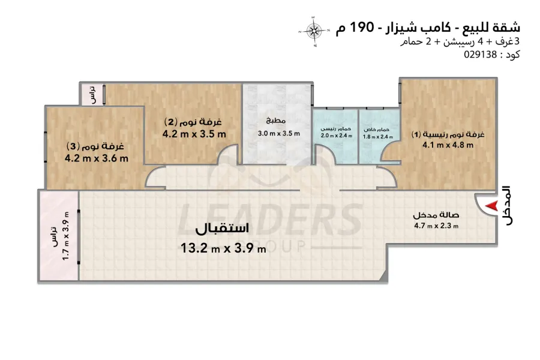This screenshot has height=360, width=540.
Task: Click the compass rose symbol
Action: coord(314,31)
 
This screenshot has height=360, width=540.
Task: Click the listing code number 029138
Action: coord(481,55)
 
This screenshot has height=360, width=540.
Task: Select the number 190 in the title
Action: coord(362,27)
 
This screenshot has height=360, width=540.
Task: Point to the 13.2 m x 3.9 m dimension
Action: coord(224,248)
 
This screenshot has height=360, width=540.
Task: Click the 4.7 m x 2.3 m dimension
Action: coord(436,226)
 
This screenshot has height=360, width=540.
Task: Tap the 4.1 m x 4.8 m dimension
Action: coord(448,145)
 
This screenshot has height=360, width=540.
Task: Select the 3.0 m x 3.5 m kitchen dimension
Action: coord(278,133)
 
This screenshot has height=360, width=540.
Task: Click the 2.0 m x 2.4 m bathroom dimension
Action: coord(336,136)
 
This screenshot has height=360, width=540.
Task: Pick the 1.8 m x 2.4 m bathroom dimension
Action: coord(378,137)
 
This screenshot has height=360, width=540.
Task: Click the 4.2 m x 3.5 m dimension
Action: coord(194,134)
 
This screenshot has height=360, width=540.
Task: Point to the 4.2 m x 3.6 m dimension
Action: coord(97,158)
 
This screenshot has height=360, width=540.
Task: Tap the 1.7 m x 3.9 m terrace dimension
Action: coord(66,236)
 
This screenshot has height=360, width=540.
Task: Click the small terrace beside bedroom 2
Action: coord(92,94)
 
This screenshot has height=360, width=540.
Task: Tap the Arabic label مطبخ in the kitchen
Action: coord(276,120)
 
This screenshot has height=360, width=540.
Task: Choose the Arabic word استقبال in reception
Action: coord(222,229)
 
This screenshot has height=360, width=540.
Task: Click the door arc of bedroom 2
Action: coord(227,154)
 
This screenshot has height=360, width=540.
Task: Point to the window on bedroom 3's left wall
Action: coord(45,147)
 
